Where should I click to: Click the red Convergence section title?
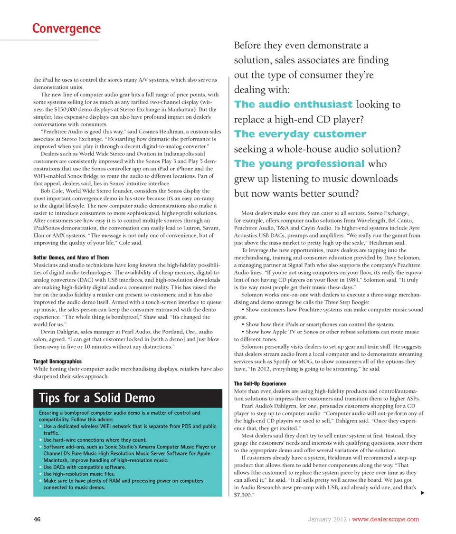tap(66, 29)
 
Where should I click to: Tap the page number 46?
tap(38, 519)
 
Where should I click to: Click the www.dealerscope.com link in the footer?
tap(386, 519)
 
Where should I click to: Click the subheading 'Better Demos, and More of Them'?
tap(71, 257)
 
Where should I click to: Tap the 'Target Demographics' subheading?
tap(57, 362)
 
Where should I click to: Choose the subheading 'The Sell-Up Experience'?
tap(260, 383)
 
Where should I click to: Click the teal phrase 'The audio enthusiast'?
tap(294, 105)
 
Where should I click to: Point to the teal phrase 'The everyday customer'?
tap(300, 134)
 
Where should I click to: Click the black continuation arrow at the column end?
tap(423, 494)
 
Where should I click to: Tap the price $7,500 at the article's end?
tap(244, 495)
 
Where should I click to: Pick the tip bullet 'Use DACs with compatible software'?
tap(85, 467)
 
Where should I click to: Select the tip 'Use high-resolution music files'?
tap(78, 474)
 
